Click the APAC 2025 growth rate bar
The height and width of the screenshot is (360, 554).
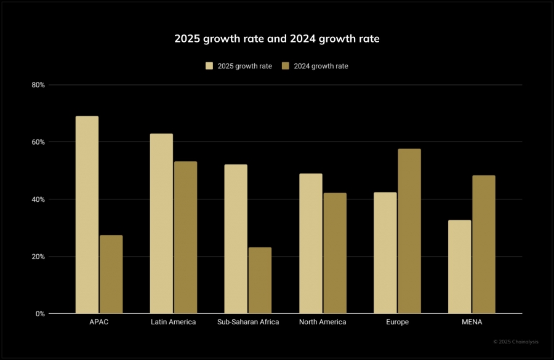pos(87,215)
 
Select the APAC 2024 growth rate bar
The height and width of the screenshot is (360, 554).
pos(111,274)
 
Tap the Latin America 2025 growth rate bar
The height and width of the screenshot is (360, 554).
pos(161,223)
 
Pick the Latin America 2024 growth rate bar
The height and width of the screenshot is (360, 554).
pos(185,238)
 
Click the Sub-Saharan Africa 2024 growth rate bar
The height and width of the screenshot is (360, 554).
pos(260,281)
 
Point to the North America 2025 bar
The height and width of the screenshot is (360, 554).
pos(310,244)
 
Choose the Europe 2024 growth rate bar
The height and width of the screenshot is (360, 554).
pos(409,231)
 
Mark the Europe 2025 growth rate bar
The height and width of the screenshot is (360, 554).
pos(385,253)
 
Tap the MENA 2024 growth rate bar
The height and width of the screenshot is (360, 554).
pos(484,244)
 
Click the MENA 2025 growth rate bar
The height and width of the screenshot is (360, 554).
pos(459,267)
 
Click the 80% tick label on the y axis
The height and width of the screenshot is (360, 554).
pos(38,85)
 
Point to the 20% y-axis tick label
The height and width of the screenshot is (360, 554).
pos(38,257)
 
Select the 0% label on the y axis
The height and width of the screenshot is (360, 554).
pos(40,314)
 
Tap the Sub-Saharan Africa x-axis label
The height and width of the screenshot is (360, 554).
pos(248,322)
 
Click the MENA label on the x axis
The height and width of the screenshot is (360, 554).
pos(472,322)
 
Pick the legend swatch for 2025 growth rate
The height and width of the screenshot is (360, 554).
pos(209,66)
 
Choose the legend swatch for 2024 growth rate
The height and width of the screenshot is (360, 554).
pos(286,66)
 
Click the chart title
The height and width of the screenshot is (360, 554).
pos(277,39)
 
